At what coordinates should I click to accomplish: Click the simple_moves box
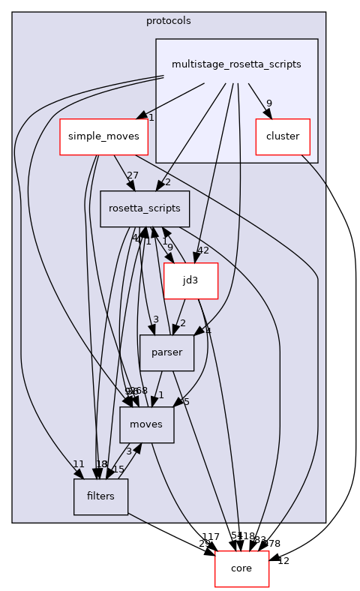tap(104, 137)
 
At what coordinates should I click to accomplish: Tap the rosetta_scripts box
tap(145, 209)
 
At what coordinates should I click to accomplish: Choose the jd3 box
tap(190, 280)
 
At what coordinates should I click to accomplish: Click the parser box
tap(167, 352)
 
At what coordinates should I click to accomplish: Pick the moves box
tap(146, 424)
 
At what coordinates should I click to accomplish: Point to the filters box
tap(100, 496)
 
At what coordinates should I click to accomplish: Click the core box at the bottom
tap(241, 568)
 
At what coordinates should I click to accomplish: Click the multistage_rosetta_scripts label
tap(236, 64)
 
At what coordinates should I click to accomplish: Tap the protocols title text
tap(169, 20)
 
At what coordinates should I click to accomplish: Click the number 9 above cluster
tap(268, 103)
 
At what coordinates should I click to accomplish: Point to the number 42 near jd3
tap(202, 250)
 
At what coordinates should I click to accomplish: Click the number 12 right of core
tap(283, 561)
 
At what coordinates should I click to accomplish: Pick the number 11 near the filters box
tap(78, 464)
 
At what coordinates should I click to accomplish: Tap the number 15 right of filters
tap(118, 469)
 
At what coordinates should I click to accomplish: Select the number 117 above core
tap(211, 537)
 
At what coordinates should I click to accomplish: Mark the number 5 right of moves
tap(186, 401)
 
